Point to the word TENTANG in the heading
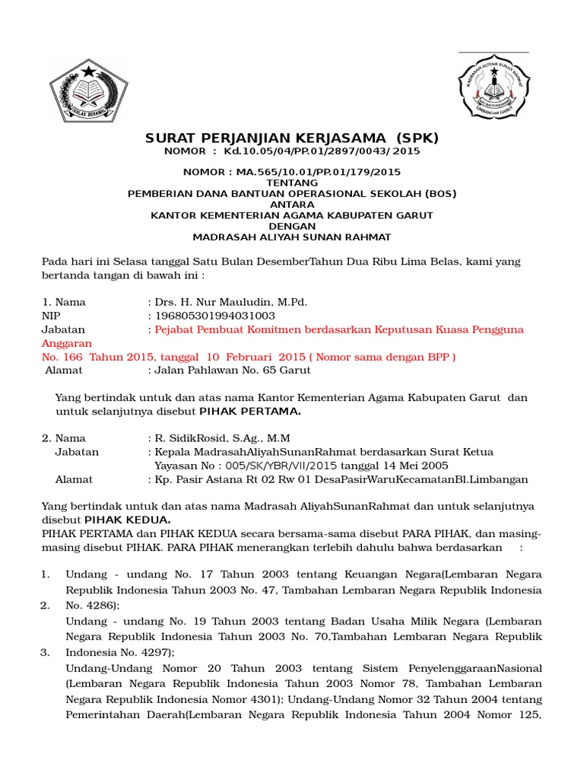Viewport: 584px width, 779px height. [x=292, y=183]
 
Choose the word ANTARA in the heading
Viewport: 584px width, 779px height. [x=292, y=205]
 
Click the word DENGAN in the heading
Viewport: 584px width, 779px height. [x=292, y=226]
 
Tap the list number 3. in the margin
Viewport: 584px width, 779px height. [x=46, y=652]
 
